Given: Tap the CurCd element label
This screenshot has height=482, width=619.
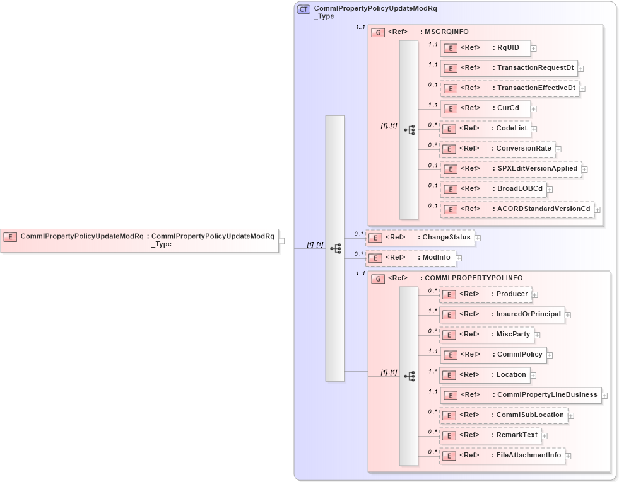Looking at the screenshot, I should pos(508,108).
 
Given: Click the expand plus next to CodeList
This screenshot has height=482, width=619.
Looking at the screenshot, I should pos(534,129).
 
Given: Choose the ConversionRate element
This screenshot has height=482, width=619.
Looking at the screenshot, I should pos(497,149).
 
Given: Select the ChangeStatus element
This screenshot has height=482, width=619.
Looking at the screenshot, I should pos(420,238).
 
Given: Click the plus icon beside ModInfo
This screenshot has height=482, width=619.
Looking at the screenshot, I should pos(459,258).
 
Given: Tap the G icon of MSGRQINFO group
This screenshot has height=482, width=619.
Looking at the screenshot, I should pos(378,32).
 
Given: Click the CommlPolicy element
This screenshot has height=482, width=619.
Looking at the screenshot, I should pos(493,355).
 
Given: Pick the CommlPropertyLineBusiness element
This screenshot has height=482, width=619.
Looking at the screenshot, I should pos(520,395).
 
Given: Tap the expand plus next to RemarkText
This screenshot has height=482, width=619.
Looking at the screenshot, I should pos(545,436).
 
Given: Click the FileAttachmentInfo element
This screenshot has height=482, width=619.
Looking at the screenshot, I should pos(502,456).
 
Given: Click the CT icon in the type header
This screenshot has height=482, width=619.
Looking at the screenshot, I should pos(304,9).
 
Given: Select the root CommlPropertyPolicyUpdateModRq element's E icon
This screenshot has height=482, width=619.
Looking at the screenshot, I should pos(10,237).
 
